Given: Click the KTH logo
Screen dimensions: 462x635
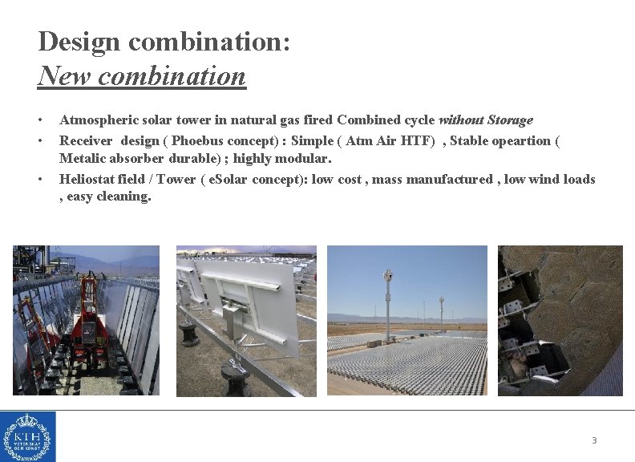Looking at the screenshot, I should pyautogui.click(x=28, y=436).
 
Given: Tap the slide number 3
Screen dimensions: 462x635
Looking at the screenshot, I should pyautogui.click(x=594, y=440).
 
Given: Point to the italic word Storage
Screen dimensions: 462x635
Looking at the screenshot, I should pyautogui.click(x=508, y=120).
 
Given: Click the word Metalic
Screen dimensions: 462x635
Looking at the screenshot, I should pyautogui.click(x=83, y=159).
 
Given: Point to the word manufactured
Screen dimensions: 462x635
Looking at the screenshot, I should pyautogui.click(x=450, y=180).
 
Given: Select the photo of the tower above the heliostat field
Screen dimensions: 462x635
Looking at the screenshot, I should pyautogui.click(x=406, y=321).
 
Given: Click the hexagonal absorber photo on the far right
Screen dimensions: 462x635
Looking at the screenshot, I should pyautogui.click(x=560, y=321).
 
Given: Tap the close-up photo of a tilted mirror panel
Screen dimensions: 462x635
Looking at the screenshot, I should pyautogui.click(x=246, y=321).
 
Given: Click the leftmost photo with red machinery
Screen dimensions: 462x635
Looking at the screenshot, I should pyautogui.click(x=86, y=321).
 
